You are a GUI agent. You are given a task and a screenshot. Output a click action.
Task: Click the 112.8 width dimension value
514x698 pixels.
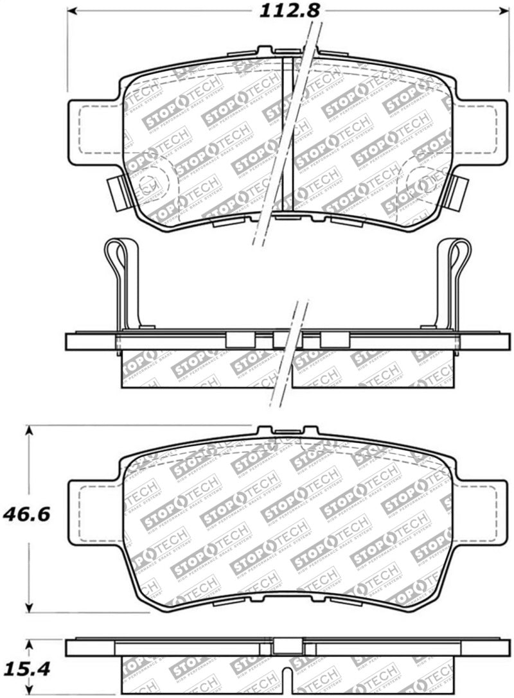pyautogui.click(x=289, y=10)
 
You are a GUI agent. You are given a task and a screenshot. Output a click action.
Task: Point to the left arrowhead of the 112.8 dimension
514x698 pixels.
pyautogui.click(x=73, y=11)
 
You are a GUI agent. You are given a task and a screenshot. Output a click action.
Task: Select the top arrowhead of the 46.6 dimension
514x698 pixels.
pyautogui.click(x=29, y=430)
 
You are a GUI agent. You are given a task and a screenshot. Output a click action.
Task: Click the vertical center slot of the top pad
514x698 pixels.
pyautogui.click(x=288, y=135)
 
